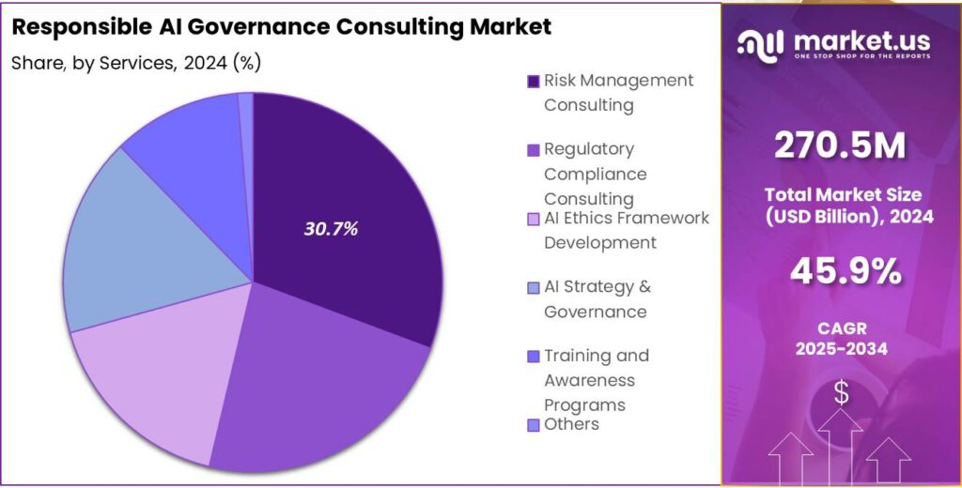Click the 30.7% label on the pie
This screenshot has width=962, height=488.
330,228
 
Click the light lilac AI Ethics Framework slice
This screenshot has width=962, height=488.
155,375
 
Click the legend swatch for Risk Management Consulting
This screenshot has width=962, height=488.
534,82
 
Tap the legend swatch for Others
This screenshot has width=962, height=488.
534,425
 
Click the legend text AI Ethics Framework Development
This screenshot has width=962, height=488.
626,230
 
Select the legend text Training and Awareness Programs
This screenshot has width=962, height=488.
596,380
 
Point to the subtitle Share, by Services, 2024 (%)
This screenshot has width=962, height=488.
136,63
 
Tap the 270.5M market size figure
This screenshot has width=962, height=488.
841,145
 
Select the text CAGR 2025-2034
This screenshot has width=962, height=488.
842,337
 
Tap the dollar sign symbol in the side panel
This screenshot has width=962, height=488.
841,393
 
